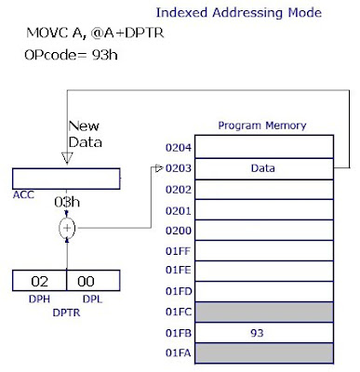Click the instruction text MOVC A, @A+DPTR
pos(84,34)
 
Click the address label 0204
pos(178,146)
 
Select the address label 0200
pos(178,229)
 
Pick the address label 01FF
pos(178,249)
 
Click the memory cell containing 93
pos(263,331)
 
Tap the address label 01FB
pos(178,331)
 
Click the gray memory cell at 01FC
pos(263,311)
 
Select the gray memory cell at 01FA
pos(263,352)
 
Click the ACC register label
pos(24,196)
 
